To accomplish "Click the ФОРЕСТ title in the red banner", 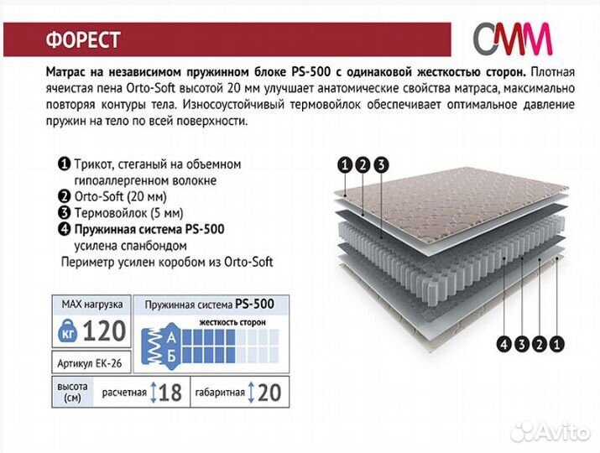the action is tap(83, 39).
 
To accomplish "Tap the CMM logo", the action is tap(513, 39).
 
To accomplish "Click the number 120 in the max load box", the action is tap(104, 331).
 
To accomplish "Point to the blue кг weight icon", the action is tap(68, 331).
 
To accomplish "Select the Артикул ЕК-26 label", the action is tap(90, 363).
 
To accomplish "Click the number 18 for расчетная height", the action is tap(170, 393).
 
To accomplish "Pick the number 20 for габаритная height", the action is tap(269, 393).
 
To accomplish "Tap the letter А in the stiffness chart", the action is tap(171, 337).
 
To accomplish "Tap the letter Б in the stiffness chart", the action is tap(171, 357).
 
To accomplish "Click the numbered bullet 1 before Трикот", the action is tap(65, 164).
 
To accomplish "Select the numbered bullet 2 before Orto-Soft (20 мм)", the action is tap(65, 196).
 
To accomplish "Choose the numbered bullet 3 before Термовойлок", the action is tap(65, 213).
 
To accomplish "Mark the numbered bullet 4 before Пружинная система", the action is tap(65, 229).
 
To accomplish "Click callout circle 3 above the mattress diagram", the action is tap(381, 165).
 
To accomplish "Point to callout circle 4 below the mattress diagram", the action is tap(504, 344).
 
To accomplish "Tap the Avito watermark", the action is tap(550, 431).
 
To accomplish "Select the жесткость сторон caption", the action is tap(232, 322).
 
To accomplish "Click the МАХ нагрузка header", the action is tap(92, 305).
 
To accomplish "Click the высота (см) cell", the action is tap(72, 392).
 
